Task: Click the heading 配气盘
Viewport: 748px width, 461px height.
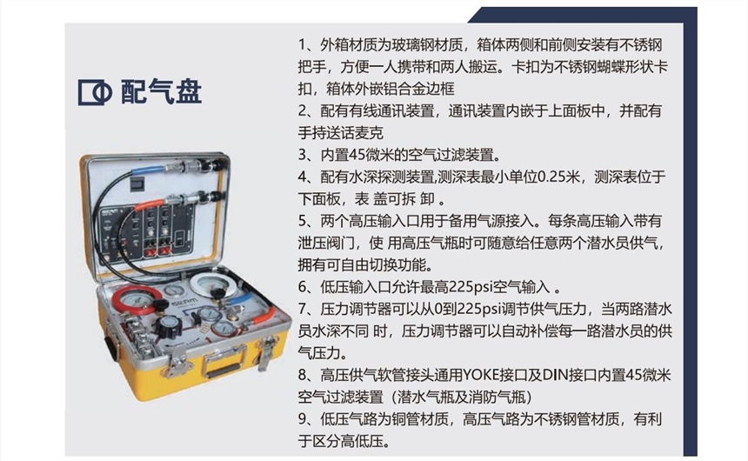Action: point(161,91)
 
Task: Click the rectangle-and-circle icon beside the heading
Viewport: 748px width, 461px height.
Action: point(95,92)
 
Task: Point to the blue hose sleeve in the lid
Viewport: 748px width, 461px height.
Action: point(149,170)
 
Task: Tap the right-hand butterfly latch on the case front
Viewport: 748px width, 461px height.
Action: point(266,351)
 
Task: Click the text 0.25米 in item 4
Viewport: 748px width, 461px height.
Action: point(558,177)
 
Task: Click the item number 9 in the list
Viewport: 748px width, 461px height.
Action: point(303,419)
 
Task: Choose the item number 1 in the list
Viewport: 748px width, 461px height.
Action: point(302,45)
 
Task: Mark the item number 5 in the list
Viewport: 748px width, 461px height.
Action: point(303,222)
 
